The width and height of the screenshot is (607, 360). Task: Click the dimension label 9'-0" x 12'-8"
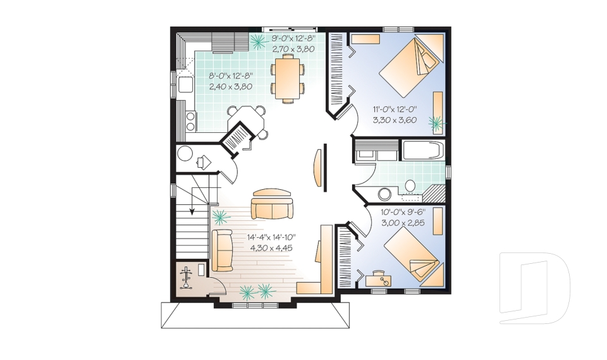tap(293, 39)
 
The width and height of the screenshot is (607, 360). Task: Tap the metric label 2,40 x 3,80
tap(231, 87)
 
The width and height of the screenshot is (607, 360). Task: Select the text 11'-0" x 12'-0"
tap(395, 109)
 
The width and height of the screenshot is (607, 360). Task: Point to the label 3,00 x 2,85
tap(403, 223)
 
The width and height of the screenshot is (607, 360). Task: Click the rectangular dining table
tap(287, 78)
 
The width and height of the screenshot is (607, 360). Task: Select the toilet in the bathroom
tap(410, 187)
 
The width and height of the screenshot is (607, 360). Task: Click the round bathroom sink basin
tap(384, 194)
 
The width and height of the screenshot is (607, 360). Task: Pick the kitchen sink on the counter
tap(185, 85)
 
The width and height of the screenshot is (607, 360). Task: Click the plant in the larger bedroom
tap(436, 123)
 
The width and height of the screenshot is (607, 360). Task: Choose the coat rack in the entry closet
tap(187, 278)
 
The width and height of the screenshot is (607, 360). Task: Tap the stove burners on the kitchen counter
tap(190, 120)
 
